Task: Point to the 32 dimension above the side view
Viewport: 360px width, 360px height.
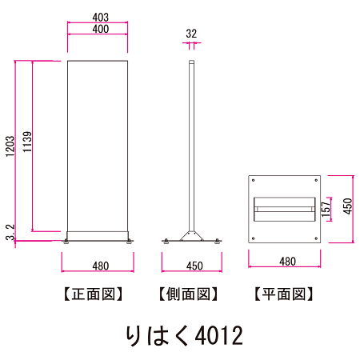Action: coord(191,34)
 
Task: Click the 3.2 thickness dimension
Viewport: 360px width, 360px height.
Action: coord(10,233)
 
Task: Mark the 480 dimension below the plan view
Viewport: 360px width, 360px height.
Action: coord(285,262)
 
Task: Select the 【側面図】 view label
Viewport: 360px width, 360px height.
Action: coord(189,294)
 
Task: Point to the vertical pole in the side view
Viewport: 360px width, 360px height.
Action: coord(191,144)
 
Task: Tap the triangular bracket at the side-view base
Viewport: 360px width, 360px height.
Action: coord(191,235)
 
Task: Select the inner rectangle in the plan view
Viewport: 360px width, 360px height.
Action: coord(284,210)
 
